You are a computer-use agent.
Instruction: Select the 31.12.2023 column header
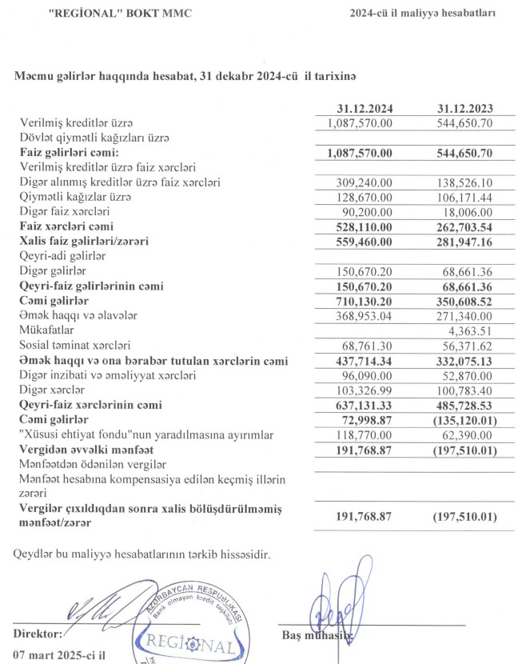pyautogui.click(x=465, y=109)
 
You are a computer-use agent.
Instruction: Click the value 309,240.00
pyautogui.click(x=365, y=182)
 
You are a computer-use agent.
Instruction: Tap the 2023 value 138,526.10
pyautogui.click(x=464, y=182)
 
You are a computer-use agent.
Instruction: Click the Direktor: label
pyautogui.click(x=38, y=634)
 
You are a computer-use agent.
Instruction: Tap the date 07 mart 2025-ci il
pyautogui.click(x=61, y=654)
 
